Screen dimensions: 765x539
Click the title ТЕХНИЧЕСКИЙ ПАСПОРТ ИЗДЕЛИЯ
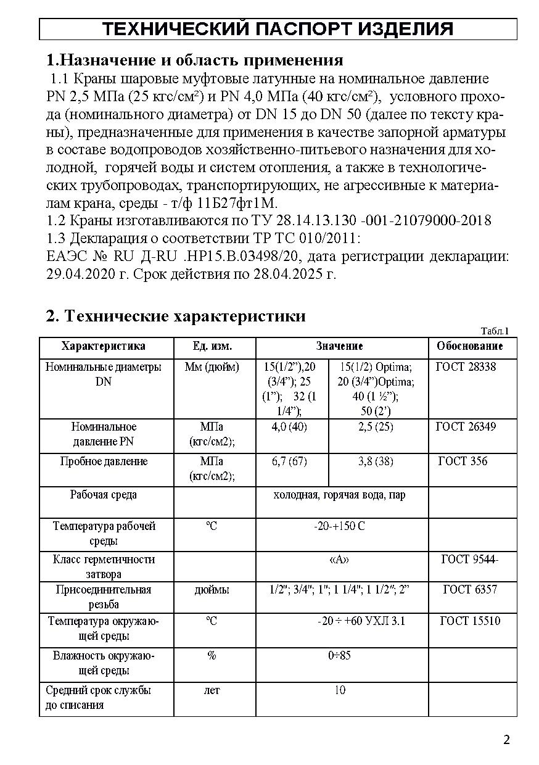(278, 29)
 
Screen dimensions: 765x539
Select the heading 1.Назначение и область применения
(195, 60)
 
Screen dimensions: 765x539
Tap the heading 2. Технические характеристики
(176, 316)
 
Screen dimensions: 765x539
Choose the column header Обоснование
(470, 346)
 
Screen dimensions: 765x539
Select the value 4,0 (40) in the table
(289, 427)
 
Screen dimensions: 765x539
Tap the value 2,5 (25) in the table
(376, 427)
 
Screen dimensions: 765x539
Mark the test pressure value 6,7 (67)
(289, 461)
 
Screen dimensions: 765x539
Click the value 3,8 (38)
(376, 461)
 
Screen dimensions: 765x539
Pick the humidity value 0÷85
(339, 655)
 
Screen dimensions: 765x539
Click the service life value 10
(340, 690)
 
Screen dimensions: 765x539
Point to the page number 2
(507, 740)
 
